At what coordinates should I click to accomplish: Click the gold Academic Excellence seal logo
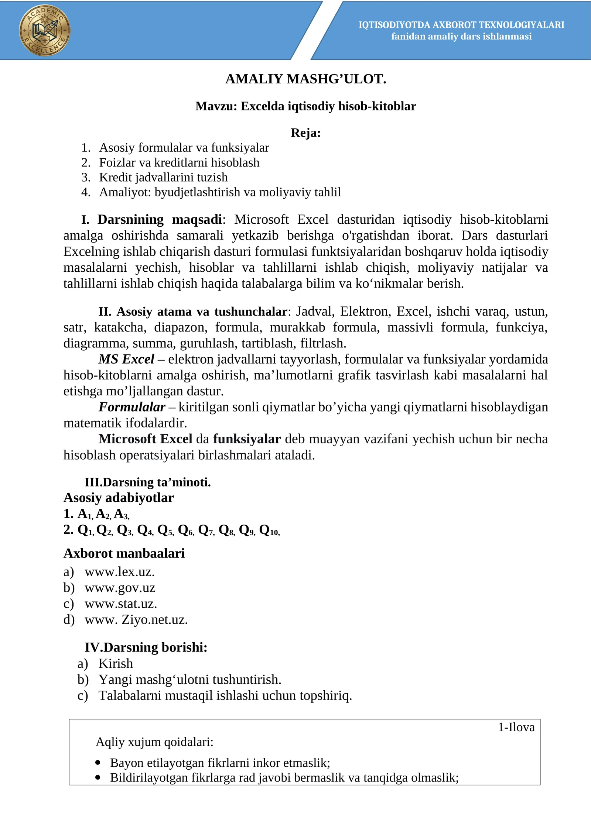coord(45,30)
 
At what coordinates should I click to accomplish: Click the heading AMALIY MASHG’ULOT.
coord(305,79)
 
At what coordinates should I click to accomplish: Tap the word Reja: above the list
coord(305,133)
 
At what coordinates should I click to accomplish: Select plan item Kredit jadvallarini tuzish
coord(163,177)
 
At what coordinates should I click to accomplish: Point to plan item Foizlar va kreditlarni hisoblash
coord(179,162)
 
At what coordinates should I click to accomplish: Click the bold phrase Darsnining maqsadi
coord(160,219)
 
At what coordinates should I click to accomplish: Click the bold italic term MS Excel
coord(126,359)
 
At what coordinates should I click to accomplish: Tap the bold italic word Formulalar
coord(132,407)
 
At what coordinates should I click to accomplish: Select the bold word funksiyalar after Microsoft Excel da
coord(247,439)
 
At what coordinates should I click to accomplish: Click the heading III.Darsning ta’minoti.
coord(148,482)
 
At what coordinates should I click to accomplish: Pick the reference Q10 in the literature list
coord(269,530)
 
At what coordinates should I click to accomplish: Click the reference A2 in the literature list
coord(103,514)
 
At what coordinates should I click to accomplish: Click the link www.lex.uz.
coord(119,572)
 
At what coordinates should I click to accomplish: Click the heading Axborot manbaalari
coord(124,553)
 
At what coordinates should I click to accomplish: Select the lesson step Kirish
coord(116,663)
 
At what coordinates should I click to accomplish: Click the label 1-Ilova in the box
coord(516,727)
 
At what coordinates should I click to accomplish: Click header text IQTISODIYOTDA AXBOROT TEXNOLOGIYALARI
coord(461,25)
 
